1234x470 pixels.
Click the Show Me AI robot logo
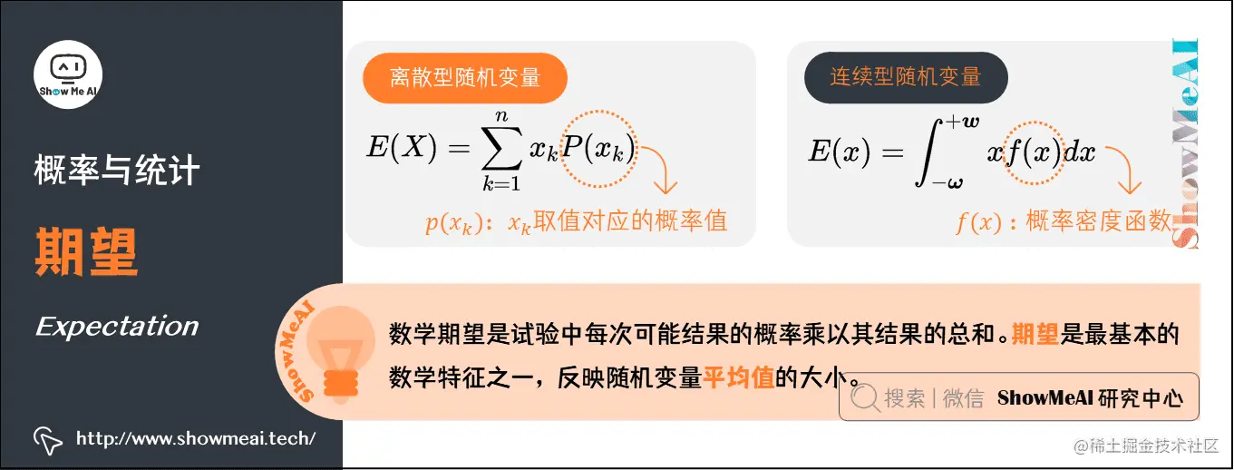68,72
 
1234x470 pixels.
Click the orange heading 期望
86,251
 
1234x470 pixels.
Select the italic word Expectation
117,327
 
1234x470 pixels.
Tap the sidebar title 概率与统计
117,171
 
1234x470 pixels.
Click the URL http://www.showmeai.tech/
195,439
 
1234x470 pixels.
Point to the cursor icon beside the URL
48,440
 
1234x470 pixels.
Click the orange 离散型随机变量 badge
464,77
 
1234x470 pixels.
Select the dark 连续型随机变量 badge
906,77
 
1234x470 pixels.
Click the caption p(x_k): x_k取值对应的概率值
577,221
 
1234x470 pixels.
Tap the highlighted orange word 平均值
738,375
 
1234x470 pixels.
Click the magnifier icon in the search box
864,397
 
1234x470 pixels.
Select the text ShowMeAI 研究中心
1090,397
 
